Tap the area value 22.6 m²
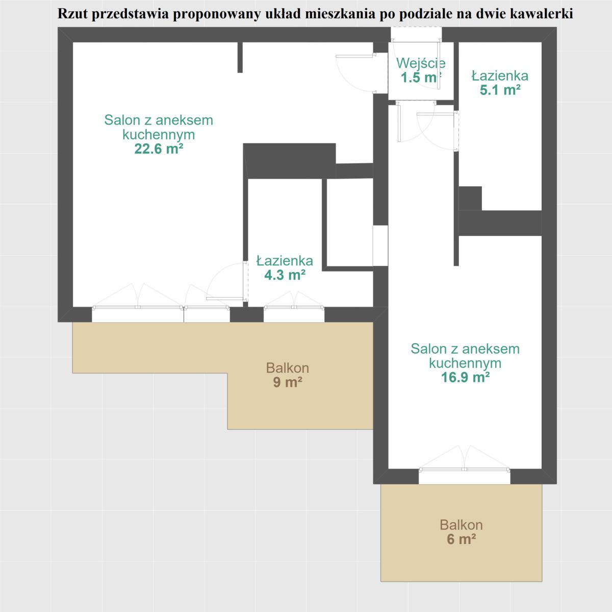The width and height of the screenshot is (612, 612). (x=159, y=149)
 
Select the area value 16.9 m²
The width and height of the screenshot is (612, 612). (x=465, y=377)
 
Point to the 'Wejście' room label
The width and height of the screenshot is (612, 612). (x=421, y=63)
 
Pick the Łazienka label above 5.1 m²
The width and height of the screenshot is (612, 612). (x=500, y=76)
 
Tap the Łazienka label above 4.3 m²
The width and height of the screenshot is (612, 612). (x=285, y=261)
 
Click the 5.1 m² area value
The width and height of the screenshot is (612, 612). (x=500, y=90)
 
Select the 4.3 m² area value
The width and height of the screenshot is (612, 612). (x=285, y=275)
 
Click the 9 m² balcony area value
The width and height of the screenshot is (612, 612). (x=288, y=382)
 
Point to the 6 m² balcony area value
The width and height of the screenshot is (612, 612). (x=461, y=540)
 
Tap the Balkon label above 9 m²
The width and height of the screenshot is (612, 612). (x=288, y=368)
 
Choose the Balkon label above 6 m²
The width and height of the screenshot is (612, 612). (x=461, y=525)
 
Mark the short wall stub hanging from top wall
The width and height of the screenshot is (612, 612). (x=240, y=57)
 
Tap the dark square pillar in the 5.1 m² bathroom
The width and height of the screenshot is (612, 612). (x=470, y=199)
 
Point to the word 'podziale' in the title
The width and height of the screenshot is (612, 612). (x=427, y=14)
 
